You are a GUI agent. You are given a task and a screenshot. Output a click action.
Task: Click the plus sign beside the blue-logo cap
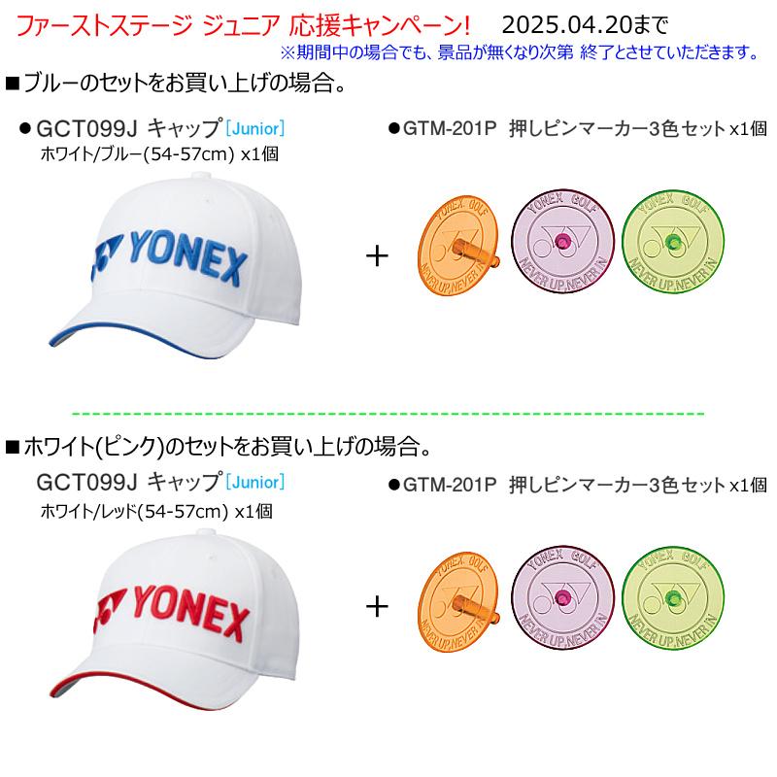(376, 256)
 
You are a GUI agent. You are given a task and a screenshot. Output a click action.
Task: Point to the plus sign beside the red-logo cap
(376, 607)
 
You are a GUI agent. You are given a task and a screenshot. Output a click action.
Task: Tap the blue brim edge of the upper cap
(146, 335)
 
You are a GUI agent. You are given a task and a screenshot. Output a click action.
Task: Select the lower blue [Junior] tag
(254, 481)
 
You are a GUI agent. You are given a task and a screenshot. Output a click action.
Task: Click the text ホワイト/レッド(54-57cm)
(137, 507)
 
